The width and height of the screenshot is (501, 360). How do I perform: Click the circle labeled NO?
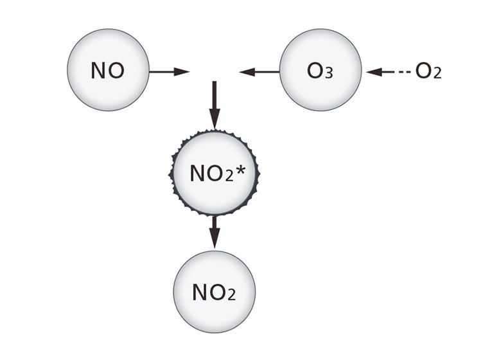[108, 69]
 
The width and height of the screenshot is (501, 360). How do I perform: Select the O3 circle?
[321, 69]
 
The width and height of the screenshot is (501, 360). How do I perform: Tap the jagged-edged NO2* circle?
[214, 172]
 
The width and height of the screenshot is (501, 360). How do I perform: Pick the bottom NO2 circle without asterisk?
[214, 292]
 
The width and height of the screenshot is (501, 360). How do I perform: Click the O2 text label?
[428, 71]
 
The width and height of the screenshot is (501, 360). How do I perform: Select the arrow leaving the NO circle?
[169, 71]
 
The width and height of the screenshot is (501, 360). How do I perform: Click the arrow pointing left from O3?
[259, 71]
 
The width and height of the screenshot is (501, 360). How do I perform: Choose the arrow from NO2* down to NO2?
[214, 232]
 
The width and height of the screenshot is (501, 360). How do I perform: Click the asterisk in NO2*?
[242, 170]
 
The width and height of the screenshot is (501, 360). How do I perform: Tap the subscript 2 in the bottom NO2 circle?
[231, 296]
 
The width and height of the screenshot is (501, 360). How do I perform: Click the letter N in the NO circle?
[98, 70]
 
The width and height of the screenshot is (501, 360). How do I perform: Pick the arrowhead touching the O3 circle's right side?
[373, 71]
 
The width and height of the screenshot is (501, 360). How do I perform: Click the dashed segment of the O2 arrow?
[404, 71]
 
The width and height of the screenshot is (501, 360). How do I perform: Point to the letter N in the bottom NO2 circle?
[200, 293]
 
